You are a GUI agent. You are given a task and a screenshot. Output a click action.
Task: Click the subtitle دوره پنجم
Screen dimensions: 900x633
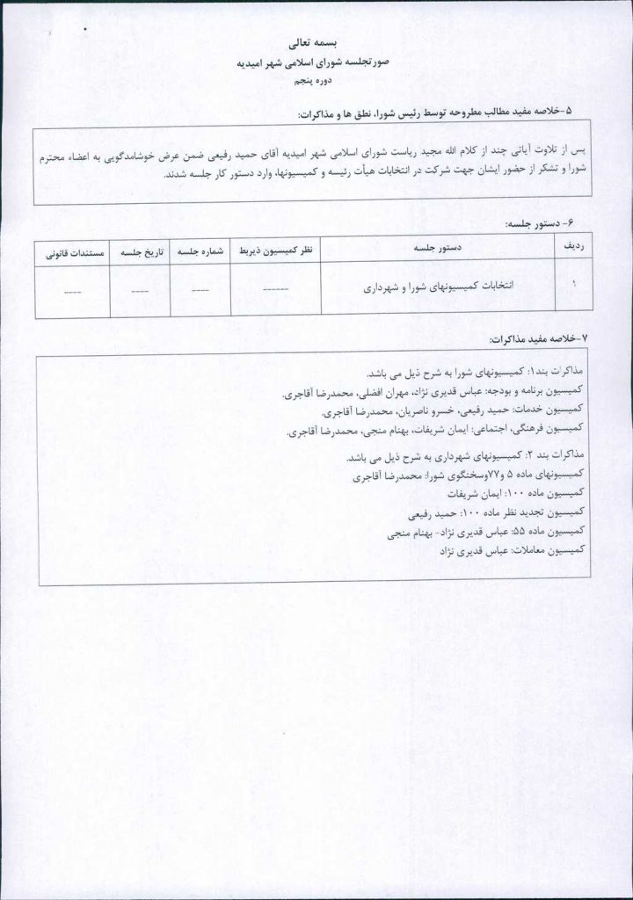click(x=314, y=81)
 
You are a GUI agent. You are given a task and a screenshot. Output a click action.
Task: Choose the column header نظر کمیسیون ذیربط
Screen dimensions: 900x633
click(x=275, y=249)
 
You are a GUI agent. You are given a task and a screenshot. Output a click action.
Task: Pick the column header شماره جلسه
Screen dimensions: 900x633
click(x=200, y=249)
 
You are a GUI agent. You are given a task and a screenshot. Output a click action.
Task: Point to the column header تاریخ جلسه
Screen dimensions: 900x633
click(x=140, y=249)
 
